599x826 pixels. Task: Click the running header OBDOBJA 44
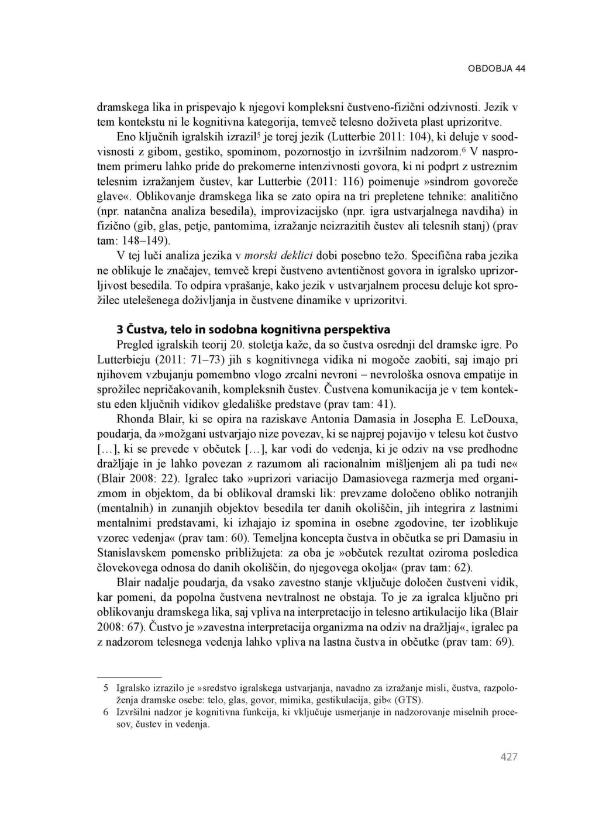click(x=496, y=68)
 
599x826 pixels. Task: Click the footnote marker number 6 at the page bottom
click(x=106, y=713)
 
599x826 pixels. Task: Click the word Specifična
click(x=440, y=256)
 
